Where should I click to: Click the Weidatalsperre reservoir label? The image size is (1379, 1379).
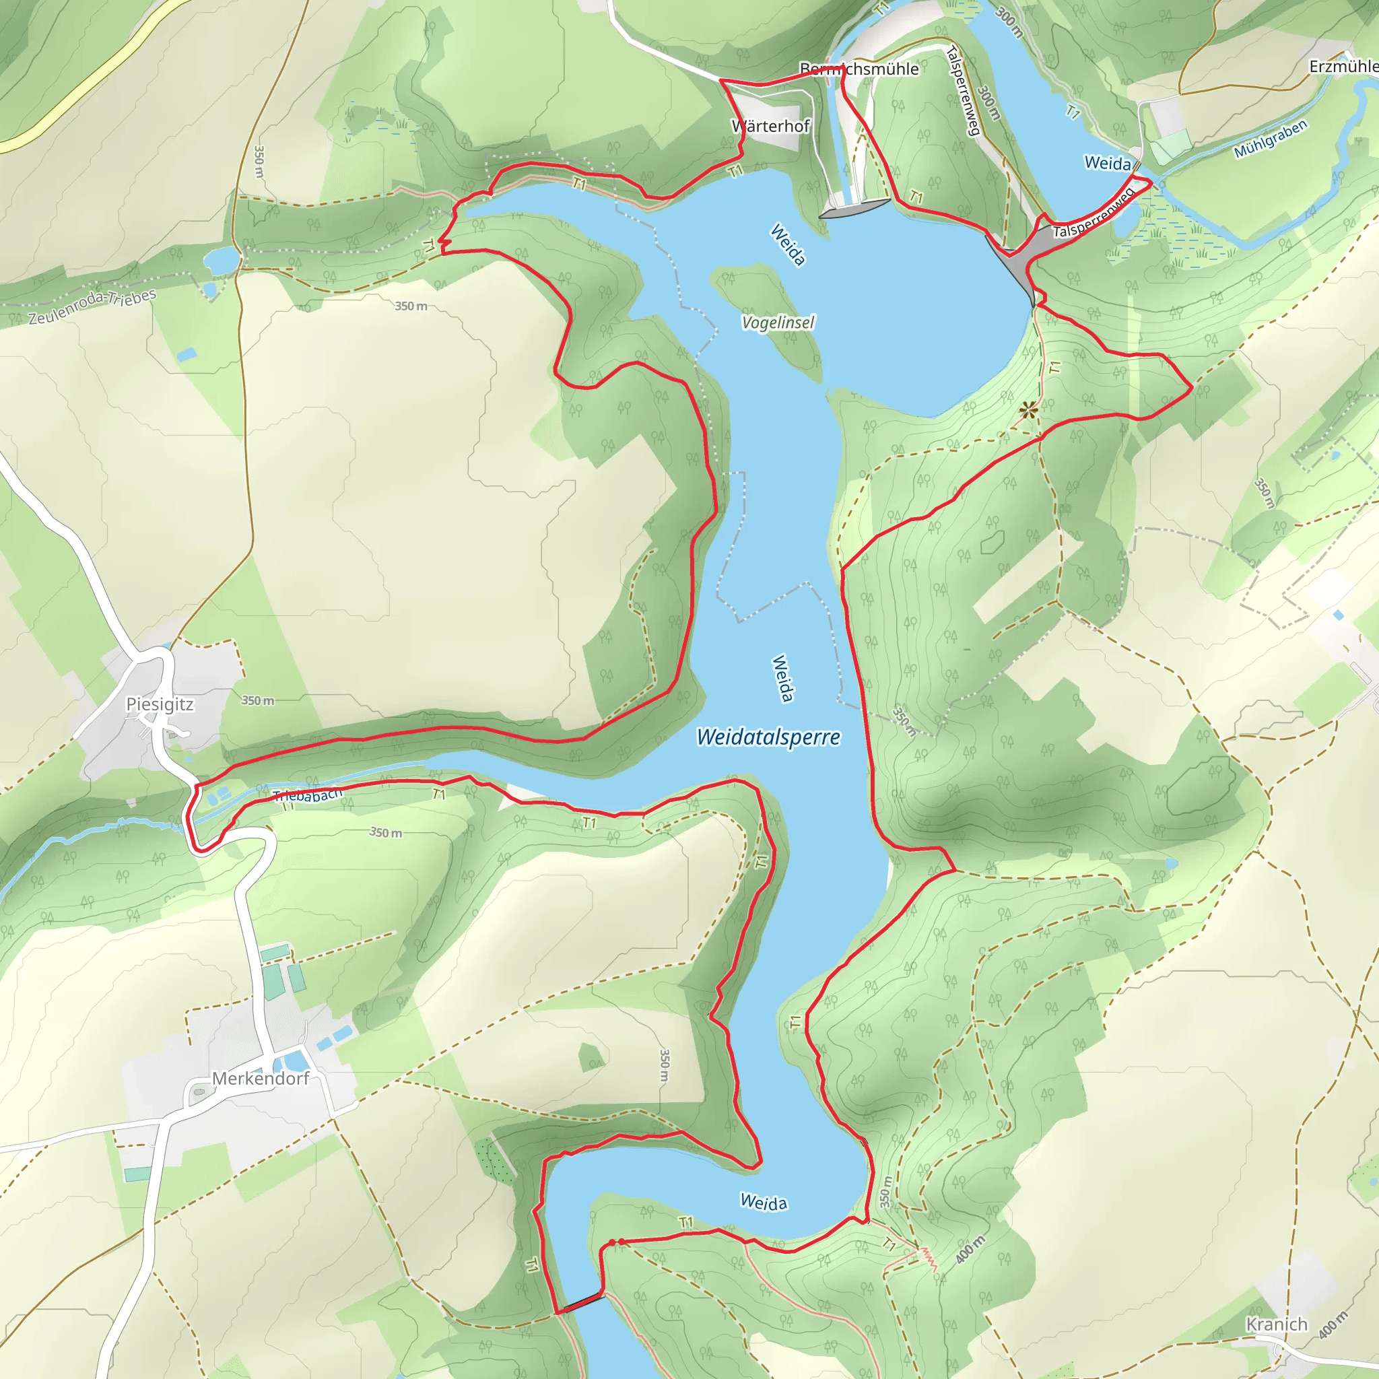click(x=768, y=737)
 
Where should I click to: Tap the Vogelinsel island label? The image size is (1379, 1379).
click(x=778, y=323)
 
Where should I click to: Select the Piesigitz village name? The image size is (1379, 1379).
click(x=159, y=704)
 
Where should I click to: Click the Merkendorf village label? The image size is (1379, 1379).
click(x=261, y=1079)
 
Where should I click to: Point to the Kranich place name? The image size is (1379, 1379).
click(x=1277, y=1324)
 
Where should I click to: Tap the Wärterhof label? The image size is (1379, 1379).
click(x=771, y=127)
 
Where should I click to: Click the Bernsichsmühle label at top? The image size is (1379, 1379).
click(x=859, y=69)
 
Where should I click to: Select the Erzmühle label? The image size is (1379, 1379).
click(x=1343, y=67)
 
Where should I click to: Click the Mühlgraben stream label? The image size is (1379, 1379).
click(x=1271, y=139)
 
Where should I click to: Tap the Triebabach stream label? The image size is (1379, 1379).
click(x=308, y=795)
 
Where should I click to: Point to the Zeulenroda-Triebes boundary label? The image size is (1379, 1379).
click(x=92, y=308)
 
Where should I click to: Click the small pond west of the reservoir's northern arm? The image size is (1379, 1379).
click(x=222, y=260)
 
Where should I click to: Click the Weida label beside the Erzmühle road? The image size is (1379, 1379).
click(x=1107, y=164)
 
